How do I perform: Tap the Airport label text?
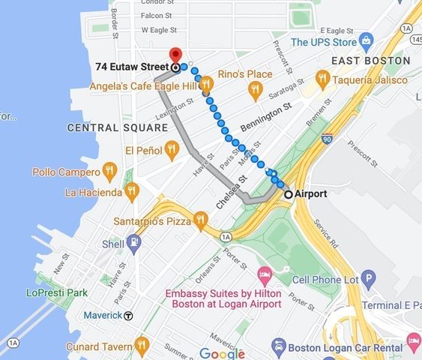pyautogui.click(x=311, y=193)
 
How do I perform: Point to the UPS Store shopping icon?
pyautogui.click(x=367, y=40)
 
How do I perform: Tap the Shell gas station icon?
pyautogui.click(x=133, y=243)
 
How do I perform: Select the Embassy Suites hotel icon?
pyautogui.click(x=264, y=274)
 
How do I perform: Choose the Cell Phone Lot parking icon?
pyautogui.click(x=368, y=280)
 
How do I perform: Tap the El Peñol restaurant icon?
pyautogui.click(x=172, y=150)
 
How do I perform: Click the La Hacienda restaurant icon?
pyautogui.click(x=132, y=192)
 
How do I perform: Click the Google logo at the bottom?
pyautogui.click(x=222, y=353)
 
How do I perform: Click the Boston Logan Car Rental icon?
pyautogui.click(x=279, y=346)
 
